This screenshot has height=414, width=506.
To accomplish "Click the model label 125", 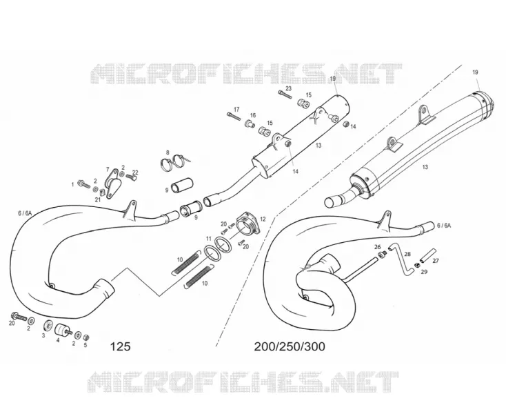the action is [x=121, y=346].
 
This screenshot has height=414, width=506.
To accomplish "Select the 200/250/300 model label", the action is [x=290, y=346].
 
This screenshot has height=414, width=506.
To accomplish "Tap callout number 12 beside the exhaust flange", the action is [x=263, y=219].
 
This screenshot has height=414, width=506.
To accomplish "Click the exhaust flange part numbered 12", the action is [x=248, y=224].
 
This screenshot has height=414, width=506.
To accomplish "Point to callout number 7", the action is [x=108, y=169].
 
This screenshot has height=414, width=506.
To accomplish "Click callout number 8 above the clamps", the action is [x=168, y=152].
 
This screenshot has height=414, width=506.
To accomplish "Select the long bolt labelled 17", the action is [x=234, y=116].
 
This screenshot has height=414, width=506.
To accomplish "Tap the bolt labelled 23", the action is [x=285, y=95].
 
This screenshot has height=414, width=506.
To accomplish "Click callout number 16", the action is [x=253, y=115].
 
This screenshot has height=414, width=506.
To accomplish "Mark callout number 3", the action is [x=43, y=335].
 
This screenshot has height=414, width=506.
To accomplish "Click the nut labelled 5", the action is [x=86, y=337].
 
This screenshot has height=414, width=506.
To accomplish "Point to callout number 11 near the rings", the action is [x=209, y=239].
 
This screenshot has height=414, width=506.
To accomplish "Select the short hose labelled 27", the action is [x=427, y=255].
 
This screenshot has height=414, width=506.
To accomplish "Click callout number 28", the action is [x=407, y=254].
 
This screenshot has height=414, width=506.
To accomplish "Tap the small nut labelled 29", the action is [x=416, y=266].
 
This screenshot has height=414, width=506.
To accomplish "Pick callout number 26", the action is [x=378, y=247].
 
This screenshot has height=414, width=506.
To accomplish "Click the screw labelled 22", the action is [x=131, y=177].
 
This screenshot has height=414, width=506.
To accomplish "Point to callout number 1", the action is [x=72, y=184].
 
